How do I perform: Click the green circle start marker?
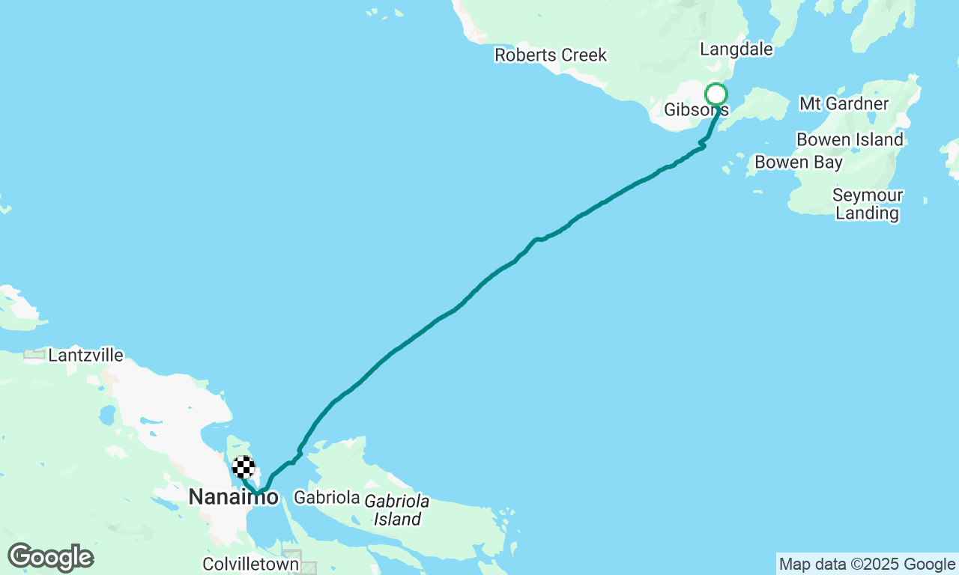click(x=716, y=94)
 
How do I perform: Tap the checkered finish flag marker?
click(x=243, y=467)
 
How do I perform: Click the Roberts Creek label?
click(x=551, y=55)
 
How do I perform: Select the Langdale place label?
click(x=736, y=49)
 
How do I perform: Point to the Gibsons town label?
click(x=696, y=110)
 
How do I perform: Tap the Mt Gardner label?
click(x=844, y=103)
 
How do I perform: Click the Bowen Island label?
click(x=850, y=140)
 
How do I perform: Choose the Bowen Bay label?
click(x=799, y=162)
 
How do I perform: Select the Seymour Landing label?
click(x=868, y=204)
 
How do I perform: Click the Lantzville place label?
click(x=85, y=356)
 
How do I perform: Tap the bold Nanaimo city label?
click(x=233, y=496)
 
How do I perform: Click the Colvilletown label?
click(x=250, y=564)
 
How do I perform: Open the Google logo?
click(x=50, y=558)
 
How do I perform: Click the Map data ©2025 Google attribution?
click(x=867, y=565)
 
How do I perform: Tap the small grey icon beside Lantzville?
click(x=34, y=355)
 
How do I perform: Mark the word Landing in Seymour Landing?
click(x=868, y=213)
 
